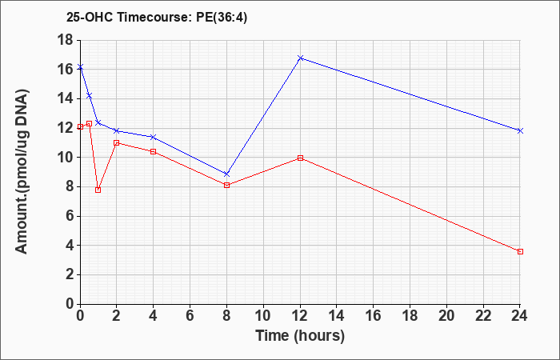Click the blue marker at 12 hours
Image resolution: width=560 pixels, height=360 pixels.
300,58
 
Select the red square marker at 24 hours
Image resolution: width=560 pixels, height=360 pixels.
520,252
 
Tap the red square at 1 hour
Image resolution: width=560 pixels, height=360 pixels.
98,190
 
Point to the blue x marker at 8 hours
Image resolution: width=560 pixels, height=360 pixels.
226,174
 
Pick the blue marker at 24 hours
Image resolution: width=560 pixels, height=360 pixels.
520,130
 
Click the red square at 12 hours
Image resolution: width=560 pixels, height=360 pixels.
300,158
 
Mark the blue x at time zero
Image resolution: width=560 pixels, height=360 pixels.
80,66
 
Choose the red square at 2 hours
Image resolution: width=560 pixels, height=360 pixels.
117,143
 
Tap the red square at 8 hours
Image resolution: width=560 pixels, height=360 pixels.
226,185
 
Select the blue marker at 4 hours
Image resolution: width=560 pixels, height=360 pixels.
154,137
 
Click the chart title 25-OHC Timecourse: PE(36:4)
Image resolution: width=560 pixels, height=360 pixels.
157,18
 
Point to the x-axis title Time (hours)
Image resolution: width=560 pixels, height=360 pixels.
300,336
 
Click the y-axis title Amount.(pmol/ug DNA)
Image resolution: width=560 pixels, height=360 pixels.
22,171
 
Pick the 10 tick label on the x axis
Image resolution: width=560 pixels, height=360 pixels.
263,316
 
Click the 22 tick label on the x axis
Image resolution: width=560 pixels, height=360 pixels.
483,316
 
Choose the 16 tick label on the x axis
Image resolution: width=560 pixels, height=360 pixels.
374,316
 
